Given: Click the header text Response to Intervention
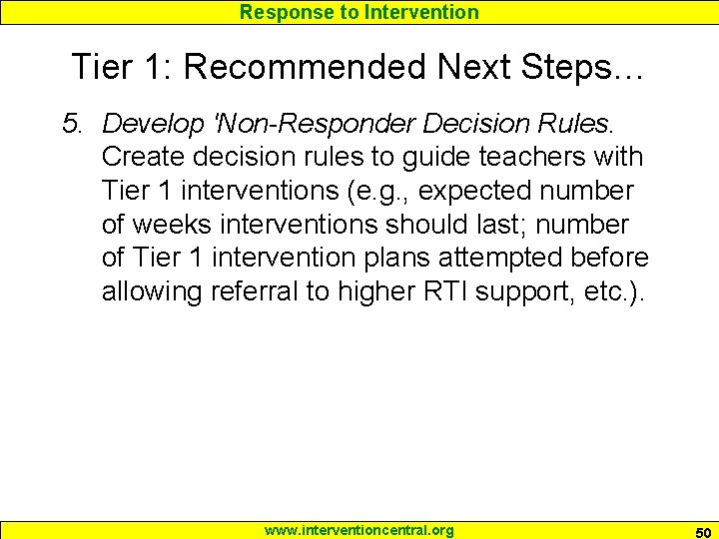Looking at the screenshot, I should point(359,12).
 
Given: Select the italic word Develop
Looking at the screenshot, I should point(147,124).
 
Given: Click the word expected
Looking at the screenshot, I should point(436,191).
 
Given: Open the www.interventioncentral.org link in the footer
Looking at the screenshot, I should point(359,530).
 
